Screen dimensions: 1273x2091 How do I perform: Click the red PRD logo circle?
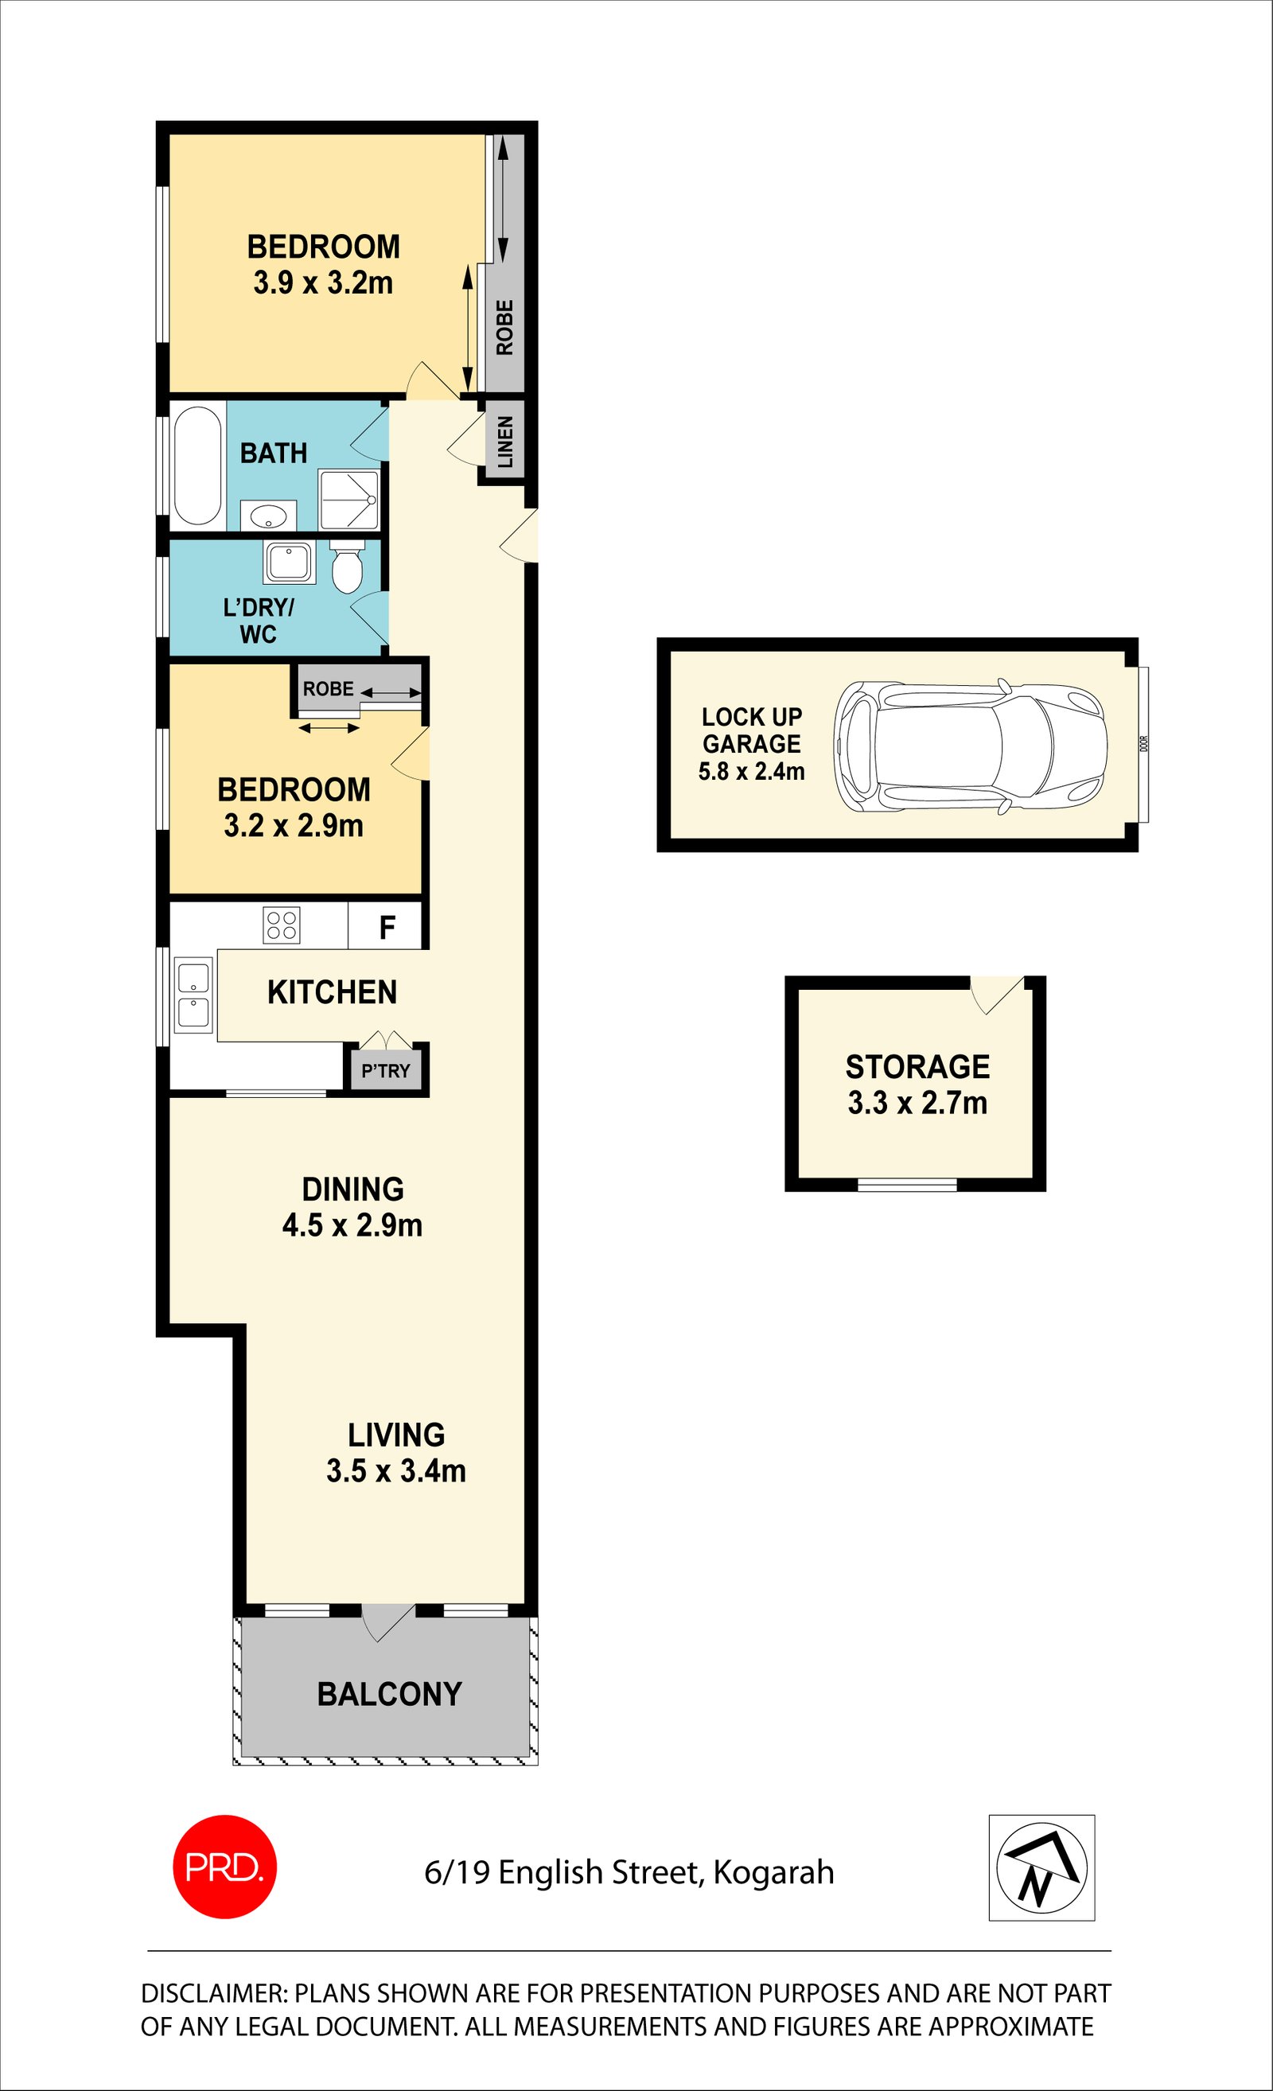(x=225, y=1867)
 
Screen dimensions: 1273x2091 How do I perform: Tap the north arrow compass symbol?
(x=1041, y=1867)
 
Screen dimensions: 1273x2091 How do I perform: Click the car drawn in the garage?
(x=970, y=747)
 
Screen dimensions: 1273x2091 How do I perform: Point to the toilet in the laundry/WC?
(x=346, y=565)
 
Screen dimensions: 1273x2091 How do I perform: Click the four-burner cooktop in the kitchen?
(x=282, y=925)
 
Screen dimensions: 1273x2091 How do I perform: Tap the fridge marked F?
(x=385, y=926)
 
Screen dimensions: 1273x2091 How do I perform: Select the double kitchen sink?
(x=193, y=995)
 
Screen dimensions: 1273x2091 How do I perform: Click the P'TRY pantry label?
(x=386, y=1071)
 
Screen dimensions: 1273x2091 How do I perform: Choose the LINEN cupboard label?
(x=505, y=442)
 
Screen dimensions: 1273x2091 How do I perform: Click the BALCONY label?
(x=390, y=1695)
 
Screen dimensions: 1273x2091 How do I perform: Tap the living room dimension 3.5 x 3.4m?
(x=396, y=1470)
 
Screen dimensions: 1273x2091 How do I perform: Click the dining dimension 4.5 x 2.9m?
(x=352, y=1225)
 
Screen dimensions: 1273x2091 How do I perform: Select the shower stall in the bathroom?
(x=348, y=500)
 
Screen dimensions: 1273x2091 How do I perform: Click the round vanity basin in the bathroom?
(x=268, y=515)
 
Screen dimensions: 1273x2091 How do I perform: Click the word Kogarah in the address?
(x=774, y=1873)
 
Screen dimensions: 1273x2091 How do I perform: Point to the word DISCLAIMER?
(x=216, y=1992)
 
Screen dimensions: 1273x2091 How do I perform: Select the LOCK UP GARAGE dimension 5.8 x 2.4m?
(x=751, y=772)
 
